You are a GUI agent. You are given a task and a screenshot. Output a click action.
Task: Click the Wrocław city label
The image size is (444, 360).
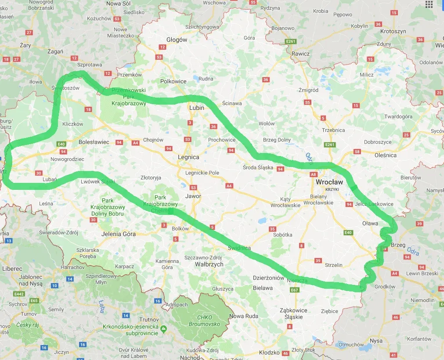pos(329,182)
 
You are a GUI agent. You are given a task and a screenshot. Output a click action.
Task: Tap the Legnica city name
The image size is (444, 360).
pos(188,157)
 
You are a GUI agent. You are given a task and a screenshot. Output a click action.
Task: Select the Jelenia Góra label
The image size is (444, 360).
pos(118,234)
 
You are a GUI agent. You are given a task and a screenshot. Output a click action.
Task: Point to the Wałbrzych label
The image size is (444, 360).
pos(209,264)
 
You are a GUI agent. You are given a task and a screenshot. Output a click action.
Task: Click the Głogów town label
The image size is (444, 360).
pos(177,40)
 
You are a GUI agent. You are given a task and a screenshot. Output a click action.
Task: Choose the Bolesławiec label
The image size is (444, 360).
pos(94,142)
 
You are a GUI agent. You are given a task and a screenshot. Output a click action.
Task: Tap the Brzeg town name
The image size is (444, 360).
pos(398,245)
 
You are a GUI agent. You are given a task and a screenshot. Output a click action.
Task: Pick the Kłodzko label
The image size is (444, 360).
pos(269,353)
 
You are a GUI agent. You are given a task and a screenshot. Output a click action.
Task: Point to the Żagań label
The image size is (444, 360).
pos(55,51)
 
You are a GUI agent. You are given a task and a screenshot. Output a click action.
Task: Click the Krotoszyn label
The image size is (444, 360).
pos(393,32)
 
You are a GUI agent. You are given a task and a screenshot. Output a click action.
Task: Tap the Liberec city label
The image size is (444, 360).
pos(12,268)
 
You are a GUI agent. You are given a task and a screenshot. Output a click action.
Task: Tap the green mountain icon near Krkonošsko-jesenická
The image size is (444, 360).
pos(163,328)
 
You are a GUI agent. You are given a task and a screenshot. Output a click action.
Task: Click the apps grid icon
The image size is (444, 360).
pos(429,4)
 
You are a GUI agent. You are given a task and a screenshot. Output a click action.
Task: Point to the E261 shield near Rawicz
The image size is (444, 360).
pos(291,41)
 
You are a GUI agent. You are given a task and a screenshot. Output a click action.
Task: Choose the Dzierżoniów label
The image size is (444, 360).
pos(269,278)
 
